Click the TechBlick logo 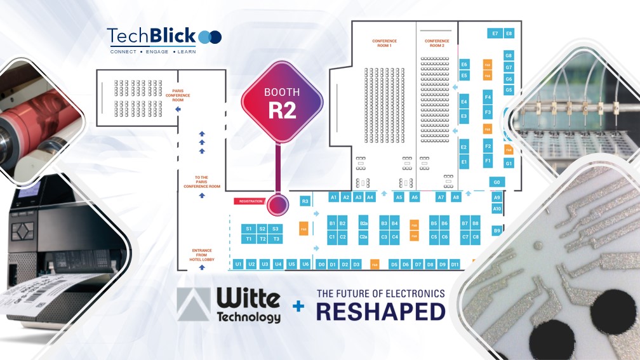164,38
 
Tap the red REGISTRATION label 251,201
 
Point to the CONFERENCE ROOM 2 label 437,43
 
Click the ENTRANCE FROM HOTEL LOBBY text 202,255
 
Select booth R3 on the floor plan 305,201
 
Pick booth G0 497,182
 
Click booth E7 495,33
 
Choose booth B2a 364,223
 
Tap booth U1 239,263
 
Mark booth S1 249,229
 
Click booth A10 497,208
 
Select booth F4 488,97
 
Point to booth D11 455,263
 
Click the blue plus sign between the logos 298,307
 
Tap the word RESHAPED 380,311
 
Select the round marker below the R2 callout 277,204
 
